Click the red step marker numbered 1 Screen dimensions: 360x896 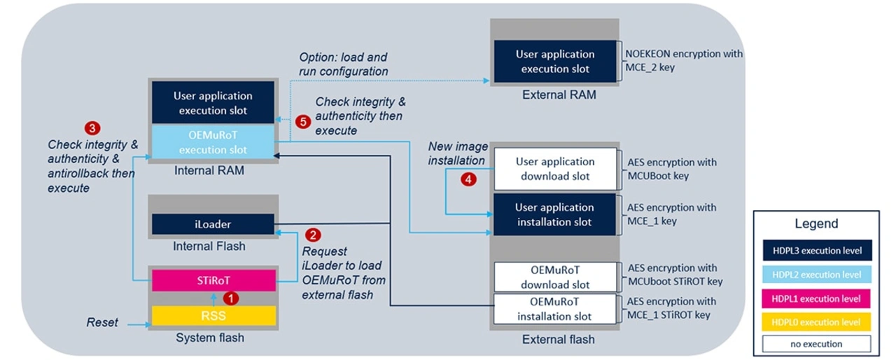coord(234,298)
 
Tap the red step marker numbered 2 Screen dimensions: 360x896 coord(314,235)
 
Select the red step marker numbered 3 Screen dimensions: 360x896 coord(91,128)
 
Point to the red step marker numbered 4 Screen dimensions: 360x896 coord(469,179)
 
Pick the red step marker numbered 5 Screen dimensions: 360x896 coord(302,121)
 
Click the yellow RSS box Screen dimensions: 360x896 coord(213,316)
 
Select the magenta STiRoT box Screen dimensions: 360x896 coord(213,280)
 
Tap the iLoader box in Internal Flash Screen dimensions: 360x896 coord(213,224)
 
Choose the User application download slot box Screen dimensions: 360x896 coord(554,169)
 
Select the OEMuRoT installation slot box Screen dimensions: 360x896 coord(554,309)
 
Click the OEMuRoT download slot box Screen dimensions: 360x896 coord(554,277)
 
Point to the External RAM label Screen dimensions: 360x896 coord(559,95)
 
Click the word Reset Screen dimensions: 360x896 coord(102,323)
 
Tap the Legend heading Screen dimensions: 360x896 coord(816,224)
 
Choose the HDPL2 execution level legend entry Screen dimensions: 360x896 coord(816,275)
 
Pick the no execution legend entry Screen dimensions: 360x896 coord(816,344)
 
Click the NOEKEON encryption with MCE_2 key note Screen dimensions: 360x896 coord(685,61)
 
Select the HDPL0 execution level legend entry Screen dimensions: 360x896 coord(816,321)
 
